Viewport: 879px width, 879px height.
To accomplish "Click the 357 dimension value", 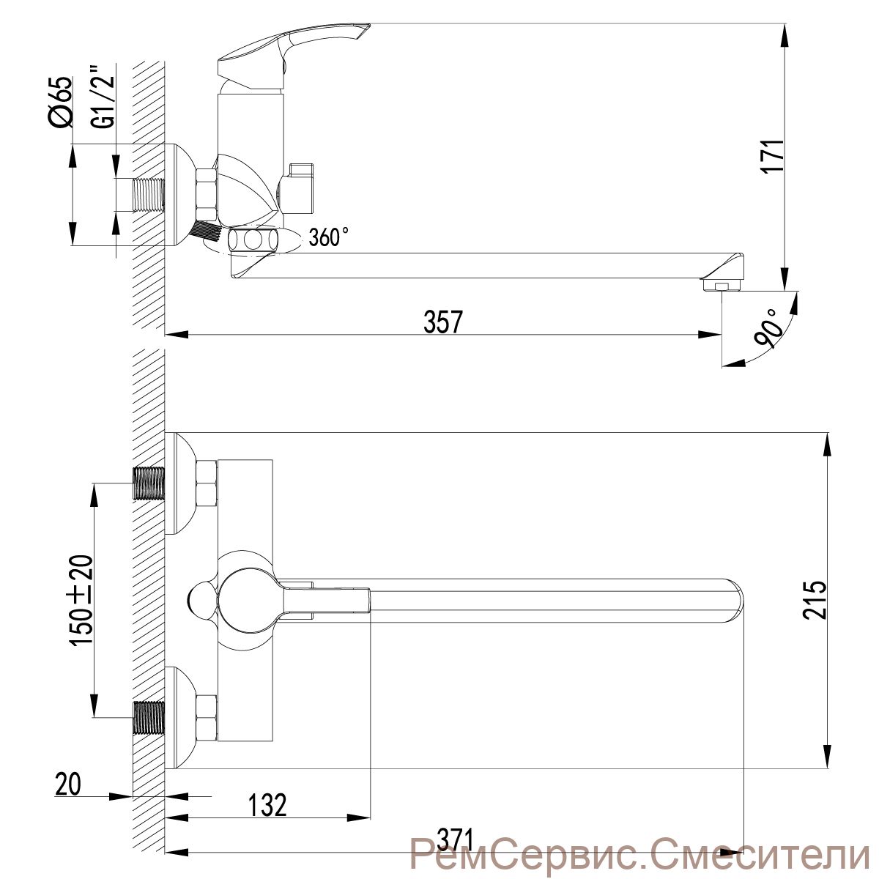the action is click(443, 321).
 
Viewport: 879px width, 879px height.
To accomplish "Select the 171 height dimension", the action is click(772, 155).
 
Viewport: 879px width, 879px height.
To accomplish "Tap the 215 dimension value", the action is click(815, 599).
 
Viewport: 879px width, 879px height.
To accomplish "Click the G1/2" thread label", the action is click(103, 96).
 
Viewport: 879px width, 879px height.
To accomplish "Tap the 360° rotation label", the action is click(329, 237).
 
